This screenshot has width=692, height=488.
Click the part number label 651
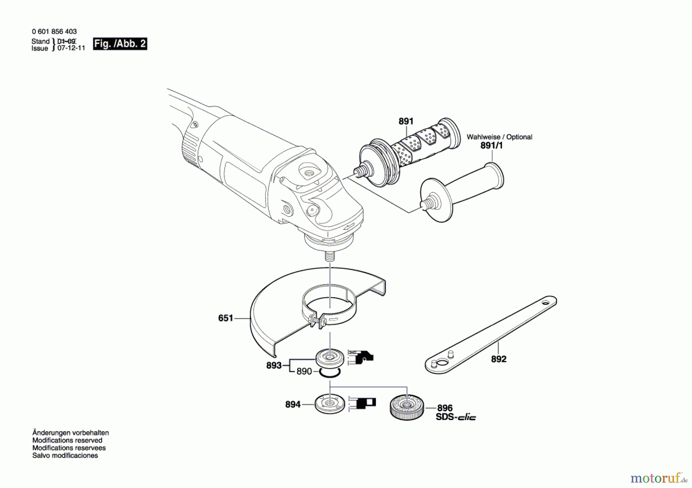226,318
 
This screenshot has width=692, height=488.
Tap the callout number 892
499,359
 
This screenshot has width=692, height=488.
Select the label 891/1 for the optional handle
491,146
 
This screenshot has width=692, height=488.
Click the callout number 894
293,404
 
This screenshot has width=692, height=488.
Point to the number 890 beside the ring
304,371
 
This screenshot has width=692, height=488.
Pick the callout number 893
274,366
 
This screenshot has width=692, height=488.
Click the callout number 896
445,408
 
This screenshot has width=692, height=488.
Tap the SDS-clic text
456,417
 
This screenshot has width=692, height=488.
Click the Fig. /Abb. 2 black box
120,44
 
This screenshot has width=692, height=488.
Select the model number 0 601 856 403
54,31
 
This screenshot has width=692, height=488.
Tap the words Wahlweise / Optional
499,137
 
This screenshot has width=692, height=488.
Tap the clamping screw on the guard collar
316,320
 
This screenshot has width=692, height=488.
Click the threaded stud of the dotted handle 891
362,169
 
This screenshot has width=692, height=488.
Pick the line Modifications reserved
67,440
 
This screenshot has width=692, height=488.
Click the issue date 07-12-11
71,48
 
